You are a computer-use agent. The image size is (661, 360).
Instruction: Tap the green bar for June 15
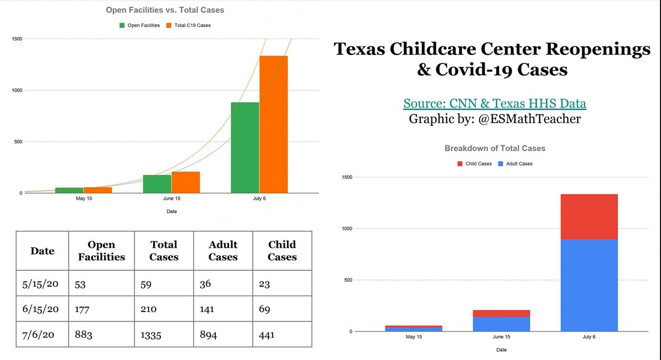[157, 184]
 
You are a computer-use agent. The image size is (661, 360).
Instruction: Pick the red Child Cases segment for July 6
[589, 217]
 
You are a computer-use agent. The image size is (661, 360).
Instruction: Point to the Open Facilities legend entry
[140, 25]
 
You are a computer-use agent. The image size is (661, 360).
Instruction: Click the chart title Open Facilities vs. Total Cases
[165, 10]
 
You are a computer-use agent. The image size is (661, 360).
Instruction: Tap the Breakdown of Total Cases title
[495, 149]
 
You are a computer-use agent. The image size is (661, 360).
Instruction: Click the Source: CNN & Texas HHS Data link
[494, 103]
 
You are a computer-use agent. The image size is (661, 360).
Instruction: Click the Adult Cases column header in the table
[223, 250]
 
